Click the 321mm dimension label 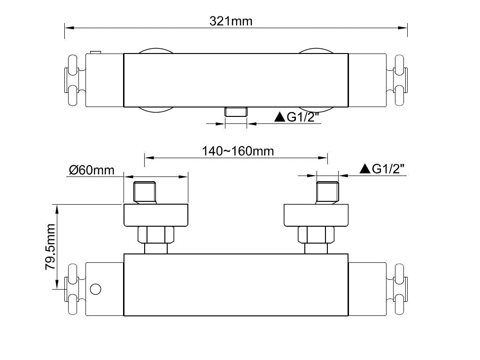pos(231,21)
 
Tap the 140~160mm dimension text pos(238,151)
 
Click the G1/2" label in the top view pos(303,117)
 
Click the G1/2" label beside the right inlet pos(388,169)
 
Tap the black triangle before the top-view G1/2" pos(280,117)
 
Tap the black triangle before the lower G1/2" pos(365,169)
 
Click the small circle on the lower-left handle pos(95,289)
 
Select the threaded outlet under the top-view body pos(236,111)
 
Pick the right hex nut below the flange pos(316,234)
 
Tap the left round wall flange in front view pos(155,215)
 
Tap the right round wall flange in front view pos(316,215)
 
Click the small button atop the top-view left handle pos(96,52)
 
